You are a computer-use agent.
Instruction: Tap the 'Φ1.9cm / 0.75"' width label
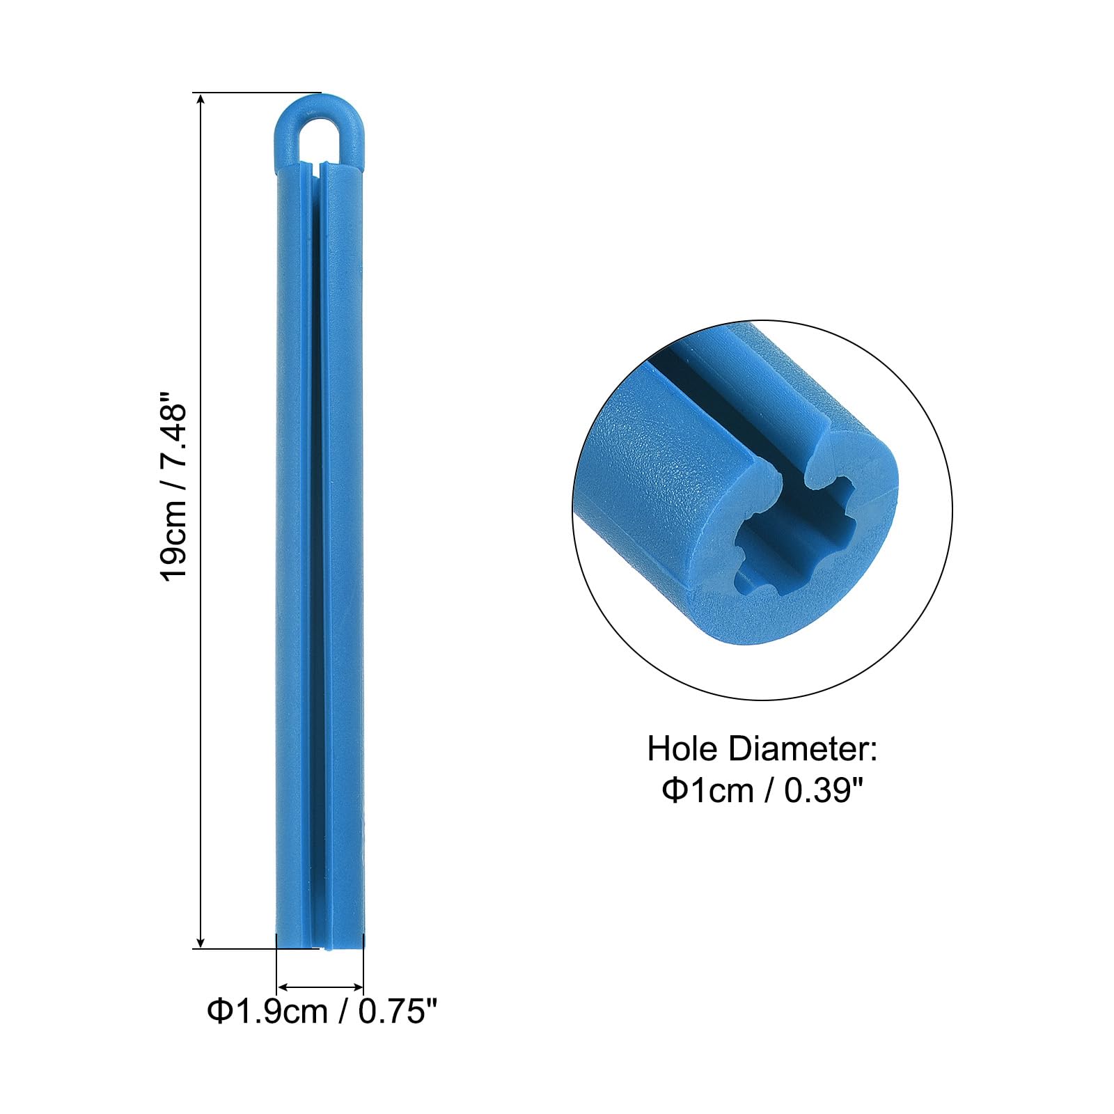tap(322, 1010)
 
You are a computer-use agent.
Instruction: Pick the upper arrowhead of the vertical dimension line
tap(201, 101)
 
